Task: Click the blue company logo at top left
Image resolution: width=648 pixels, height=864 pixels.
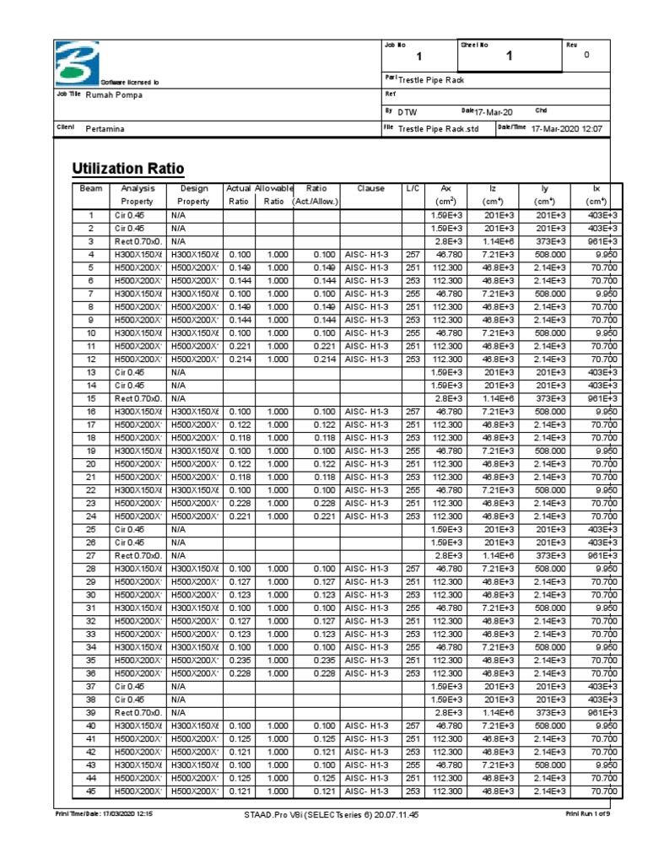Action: (77, 63)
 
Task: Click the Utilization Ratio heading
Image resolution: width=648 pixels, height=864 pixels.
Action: (128, 168)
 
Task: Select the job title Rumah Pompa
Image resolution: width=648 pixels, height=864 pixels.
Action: (115, 94)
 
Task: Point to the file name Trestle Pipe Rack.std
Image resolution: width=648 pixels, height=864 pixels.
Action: (438, 128)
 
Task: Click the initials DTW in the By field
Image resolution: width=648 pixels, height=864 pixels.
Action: (408, 111)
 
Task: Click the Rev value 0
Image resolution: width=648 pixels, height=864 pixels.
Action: (586, 56)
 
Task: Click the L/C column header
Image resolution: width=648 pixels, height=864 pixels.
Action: (412, 189)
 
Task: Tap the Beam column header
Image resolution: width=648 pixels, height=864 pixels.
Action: (90, 189)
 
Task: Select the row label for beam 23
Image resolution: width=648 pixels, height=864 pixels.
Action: (90, 503)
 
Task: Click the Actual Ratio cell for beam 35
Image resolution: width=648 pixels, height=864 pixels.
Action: (239, 660)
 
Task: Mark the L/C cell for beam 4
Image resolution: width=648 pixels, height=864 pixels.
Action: (412, 254)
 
